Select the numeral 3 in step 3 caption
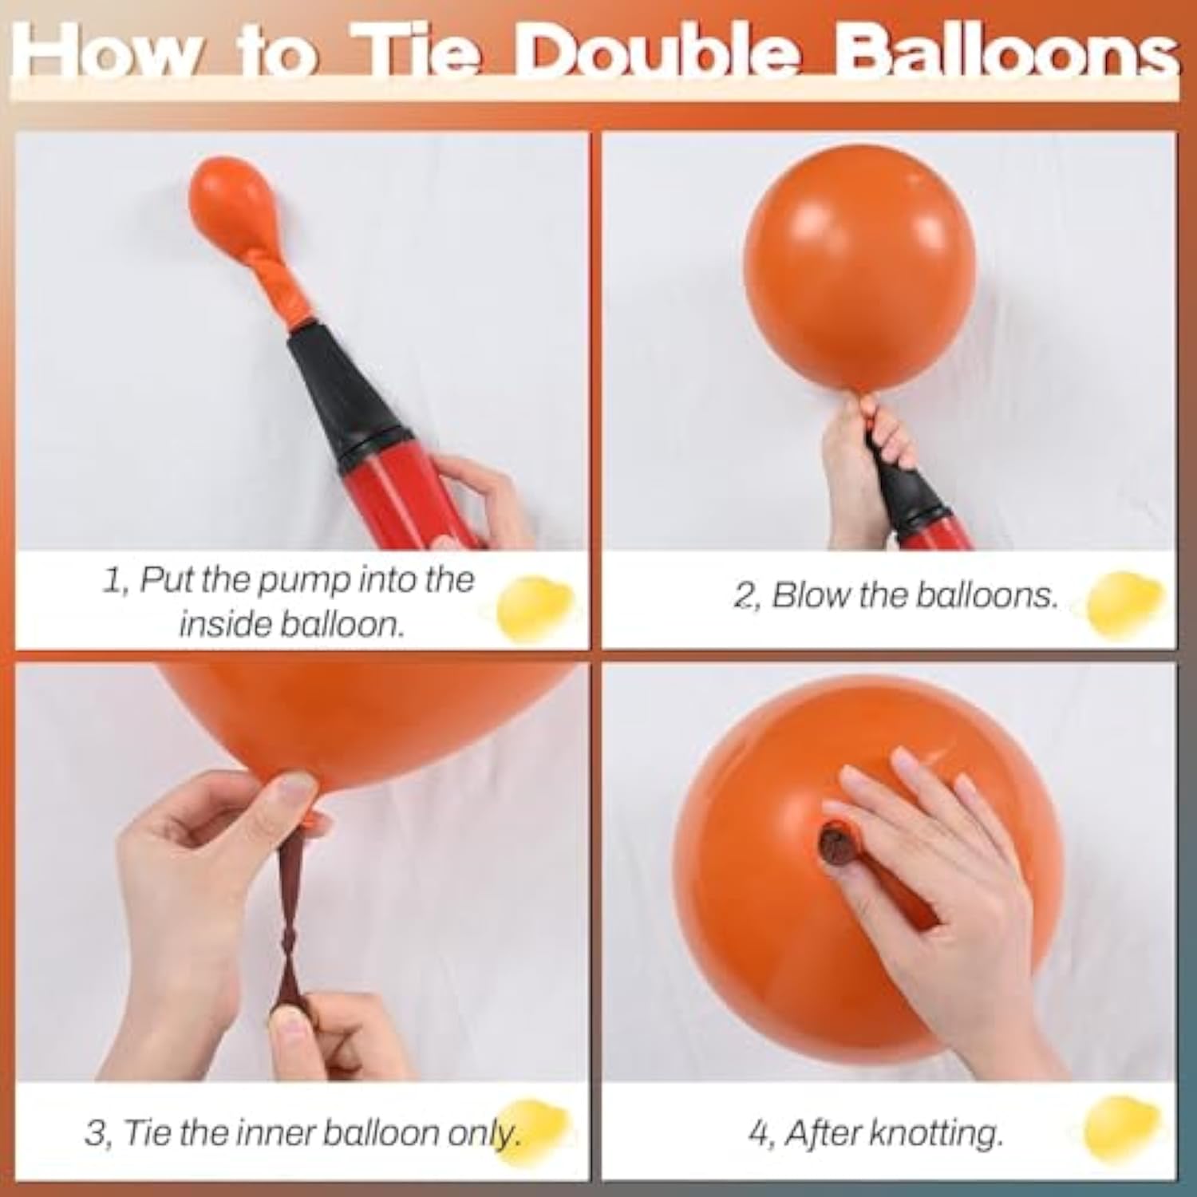pyautogui.click(x=95, y=1134)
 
